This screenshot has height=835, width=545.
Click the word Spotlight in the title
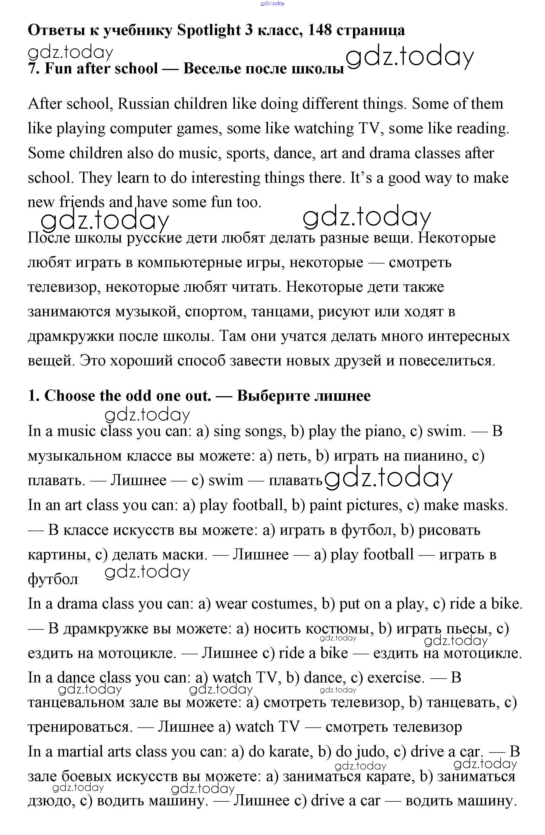(208, 30)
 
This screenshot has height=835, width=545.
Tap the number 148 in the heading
(319, 30)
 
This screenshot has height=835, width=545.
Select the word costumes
(282, 604)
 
